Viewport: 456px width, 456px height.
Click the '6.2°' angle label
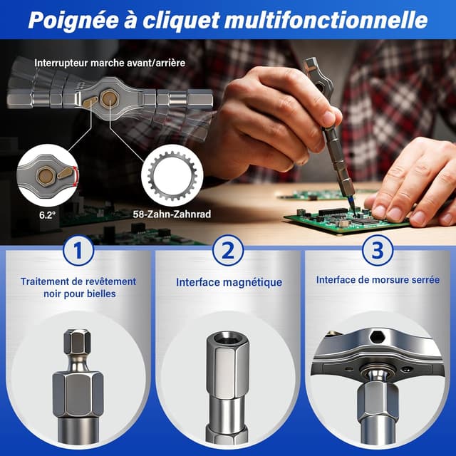click(x=48, y=212)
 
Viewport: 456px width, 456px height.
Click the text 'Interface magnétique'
click(x=229, y=283)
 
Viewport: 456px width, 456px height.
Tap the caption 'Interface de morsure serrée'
click(x=378, y=280)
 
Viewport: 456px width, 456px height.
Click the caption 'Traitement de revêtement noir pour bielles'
click(x=78, y=287)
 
